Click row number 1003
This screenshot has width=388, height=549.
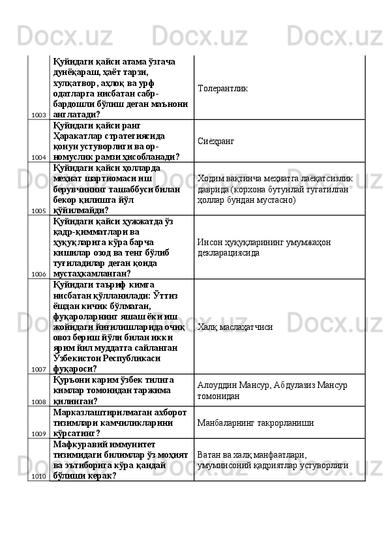click(38, 115)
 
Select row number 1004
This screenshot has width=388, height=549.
click(38, 158)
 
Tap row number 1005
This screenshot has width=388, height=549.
click(38, 211)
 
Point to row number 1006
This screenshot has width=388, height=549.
click(38, 274)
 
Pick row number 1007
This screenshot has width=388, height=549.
click(38, 370)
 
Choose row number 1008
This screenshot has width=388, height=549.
click(38, 402)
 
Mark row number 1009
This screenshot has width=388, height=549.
click(38, 434)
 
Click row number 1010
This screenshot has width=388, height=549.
click(38, 476)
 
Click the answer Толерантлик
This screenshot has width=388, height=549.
click(222, 87)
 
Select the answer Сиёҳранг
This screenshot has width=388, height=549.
click(216, 141)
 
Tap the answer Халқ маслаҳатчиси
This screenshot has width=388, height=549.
click(235, 326)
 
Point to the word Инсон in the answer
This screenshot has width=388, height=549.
click(209, 241)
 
